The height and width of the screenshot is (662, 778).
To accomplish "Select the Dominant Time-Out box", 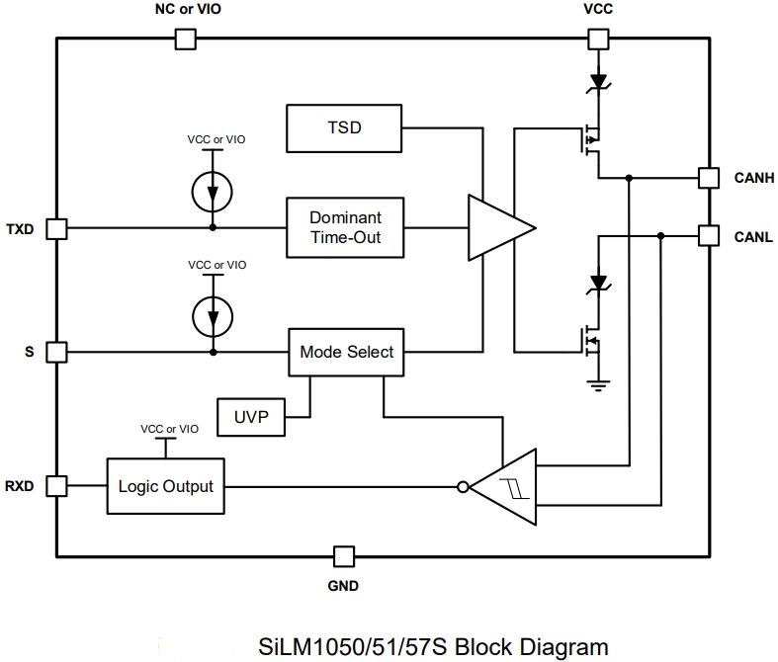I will (345, 227).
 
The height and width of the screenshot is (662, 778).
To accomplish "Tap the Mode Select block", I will (346, 352).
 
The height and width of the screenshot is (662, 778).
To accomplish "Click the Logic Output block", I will (165, 487).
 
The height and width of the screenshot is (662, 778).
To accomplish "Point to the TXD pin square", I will (57, 227).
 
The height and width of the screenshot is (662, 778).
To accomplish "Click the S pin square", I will (57, 352).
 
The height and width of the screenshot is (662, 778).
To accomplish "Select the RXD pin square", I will (57, 487).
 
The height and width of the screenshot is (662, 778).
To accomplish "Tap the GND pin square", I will (343, 555).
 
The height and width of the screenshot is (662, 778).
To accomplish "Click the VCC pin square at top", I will (598, 40).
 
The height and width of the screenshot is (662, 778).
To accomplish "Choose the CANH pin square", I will (708, 178).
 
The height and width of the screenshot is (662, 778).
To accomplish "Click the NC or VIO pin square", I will (185, 40).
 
